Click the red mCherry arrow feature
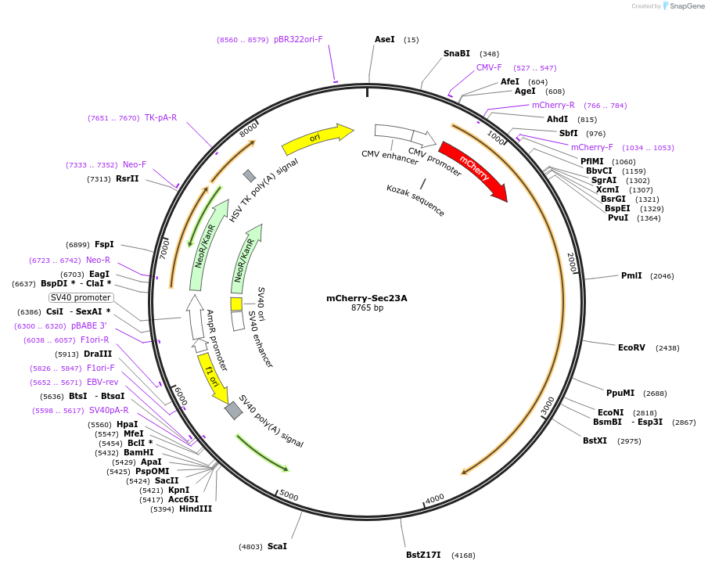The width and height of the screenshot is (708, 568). (x=473, y=168)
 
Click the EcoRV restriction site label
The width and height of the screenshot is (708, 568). (x=631, y=347)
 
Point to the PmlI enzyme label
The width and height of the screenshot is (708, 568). (x=631, y=275)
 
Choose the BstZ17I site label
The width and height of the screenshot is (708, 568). (x=422, y=555)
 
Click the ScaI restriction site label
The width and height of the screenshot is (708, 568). (x=277, y=545)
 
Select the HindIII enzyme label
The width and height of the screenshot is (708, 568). (x=195, y=509)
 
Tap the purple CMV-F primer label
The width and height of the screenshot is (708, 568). (x=489, y=67)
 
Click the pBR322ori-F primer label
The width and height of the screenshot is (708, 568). (x=298, y=39)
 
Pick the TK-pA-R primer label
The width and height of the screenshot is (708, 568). (x=160, y=117)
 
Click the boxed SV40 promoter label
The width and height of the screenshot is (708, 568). (x=81, y=297)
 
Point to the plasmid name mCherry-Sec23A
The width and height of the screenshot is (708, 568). (x=367, y=298)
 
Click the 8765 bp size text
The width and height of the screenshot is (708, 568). (x=367, y=308)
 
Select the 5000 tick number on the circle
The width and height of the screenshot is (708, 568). (x=289, y=495)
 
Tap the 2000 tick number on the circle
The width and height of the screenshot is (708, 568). (x=571, y=262)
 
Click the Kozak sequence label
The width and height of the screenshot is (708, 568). (x=415, y=200)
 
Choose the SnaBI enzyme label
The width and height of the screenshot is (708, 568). (x=457, y=53)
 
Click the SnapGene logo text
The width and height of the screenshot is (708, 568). (x=684, y=6)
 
